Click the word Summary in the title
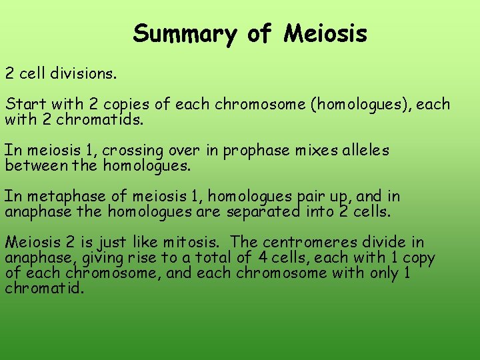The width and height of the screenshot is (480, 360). [x=184, y=33]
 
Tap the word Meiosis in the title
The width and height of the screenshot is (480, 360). [x=325, y=33]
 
